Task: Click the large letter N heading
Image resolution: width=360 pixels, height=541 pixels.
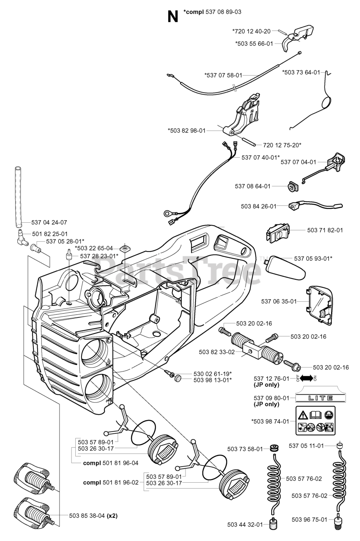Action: [172, 16]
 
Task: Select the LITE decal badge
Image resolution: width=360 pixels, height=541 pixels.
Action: [314, 398]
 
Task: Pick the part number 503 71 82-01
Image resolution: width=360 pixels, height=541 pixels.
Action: [325, 230]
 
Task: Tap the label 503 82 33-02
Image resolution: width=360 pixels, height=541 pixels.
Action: [216, 351]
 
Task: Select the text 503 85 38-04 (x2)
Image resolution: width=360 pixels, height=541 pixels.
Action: [93, 515]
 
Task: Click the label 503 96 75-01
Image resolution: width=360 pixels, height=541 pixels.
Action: [310, 519]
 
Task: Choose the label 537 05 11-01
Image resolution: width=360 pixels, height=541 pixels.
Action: [306, 445]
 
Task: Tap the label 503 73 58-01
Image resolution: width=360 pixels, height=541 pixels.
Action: [245, 448]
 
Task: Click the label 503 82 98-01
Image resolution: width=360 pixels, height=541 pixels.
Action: [186, 131]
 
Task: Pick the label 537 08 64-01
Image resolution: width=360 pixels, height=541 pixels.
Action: [253, 186]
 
